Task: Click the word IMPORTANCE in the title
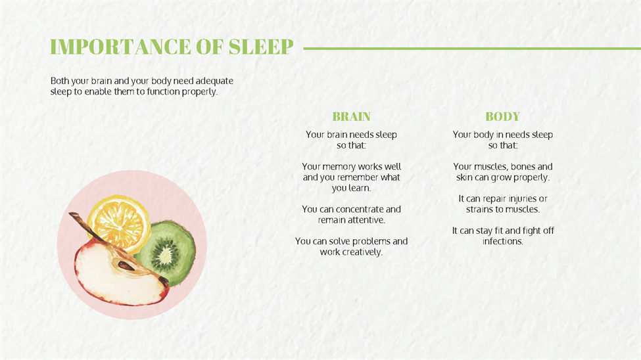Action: (x=120, y=47)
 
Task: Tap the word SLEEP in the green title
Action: (x=261, y=47)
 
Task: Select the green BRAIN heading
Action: (x=351, y=116)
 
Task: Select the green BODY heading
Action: (x=502, y=116)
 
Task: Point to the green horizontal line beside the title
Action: (x=472, y=48)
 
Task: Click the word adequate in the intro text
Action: (x=214, y=81)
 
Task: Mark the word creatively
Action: (x=362, y=252)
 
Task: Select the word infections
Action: (x=502, y=241)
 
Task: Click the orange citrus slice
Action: (x=118, y=223)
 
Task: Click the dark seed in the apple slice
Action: (x=126, y=265)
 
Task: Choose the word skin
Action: (x=464, y=177)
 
